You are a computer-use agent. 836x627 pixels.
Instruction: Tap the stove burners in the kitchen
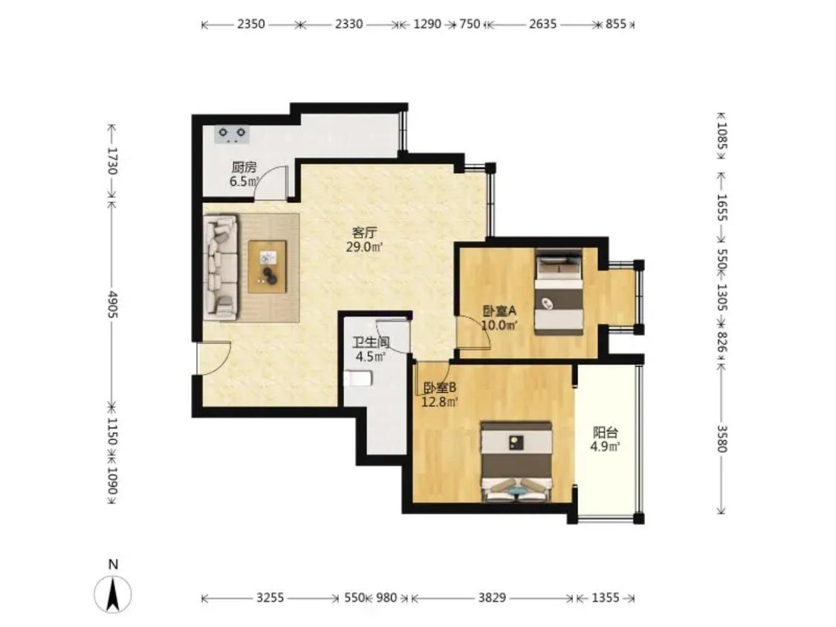click(233, 134)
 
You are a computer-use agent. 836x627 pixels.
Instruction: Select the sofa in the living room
click(220, 267)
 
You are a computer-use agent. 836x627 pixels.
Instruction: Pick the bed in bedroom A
click(558, 292)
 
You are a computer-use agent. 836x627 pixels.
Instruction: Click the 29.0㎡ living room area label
click(365, 247)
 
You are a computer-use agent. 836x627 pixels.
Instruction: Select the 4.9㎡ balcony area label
click(605, 446)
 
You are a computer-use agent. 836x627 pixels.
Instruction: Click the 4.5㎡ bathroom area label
click(371, 357)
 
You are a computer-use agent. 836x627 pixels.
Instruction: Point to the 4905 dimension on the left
click(112, 305)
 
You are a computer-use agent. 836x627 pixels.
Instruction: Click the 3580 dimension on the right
click(722, 438)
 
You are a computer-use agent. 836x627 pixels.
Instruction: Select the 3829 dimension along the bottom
click(492, 598)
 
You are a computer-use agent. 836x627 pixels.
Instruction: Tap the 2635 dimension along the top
click(542, 24)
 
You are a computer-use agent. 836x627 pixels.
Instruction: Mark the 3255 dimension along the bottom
click(270, 598)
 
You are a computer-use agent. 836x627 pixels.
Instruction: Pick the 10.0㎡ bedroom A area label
click(499, 325)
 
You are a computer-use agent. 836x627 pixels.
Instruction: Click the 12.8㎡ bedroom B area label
click(440, 402)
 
